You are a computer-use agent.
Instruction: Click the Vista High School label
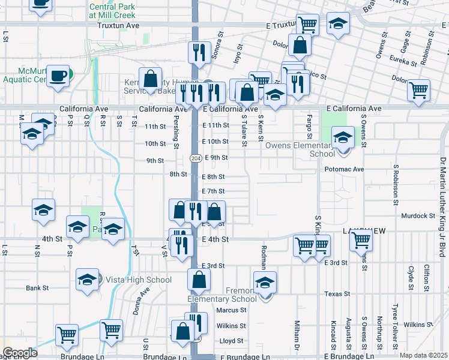[x=131, y=280]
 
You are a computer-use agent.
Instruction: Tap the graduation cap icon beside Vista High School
[x=87, y=279]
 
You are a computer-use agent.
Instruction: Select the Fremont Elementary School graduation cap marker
[x=265, y=283]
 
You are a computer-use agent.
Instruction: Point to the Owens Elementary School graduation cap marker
[x=343, y=138]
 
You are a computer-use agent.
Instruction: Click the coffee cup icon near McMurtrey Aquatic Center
[x=58, y=76]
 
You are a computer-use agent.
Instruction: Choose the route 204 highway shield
[x=196, y=158]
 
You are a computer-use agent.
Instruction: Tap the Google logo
[x=20, y=353]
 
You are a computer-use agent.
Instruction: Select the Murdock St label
[x=418, y=215]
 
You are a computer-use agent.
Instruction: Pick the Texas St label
[x=337, y=294]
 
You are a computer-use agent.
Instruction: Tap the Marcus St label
[x=231, y=310]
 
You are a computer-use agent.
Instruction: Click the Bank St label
[x=37, y=288]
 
